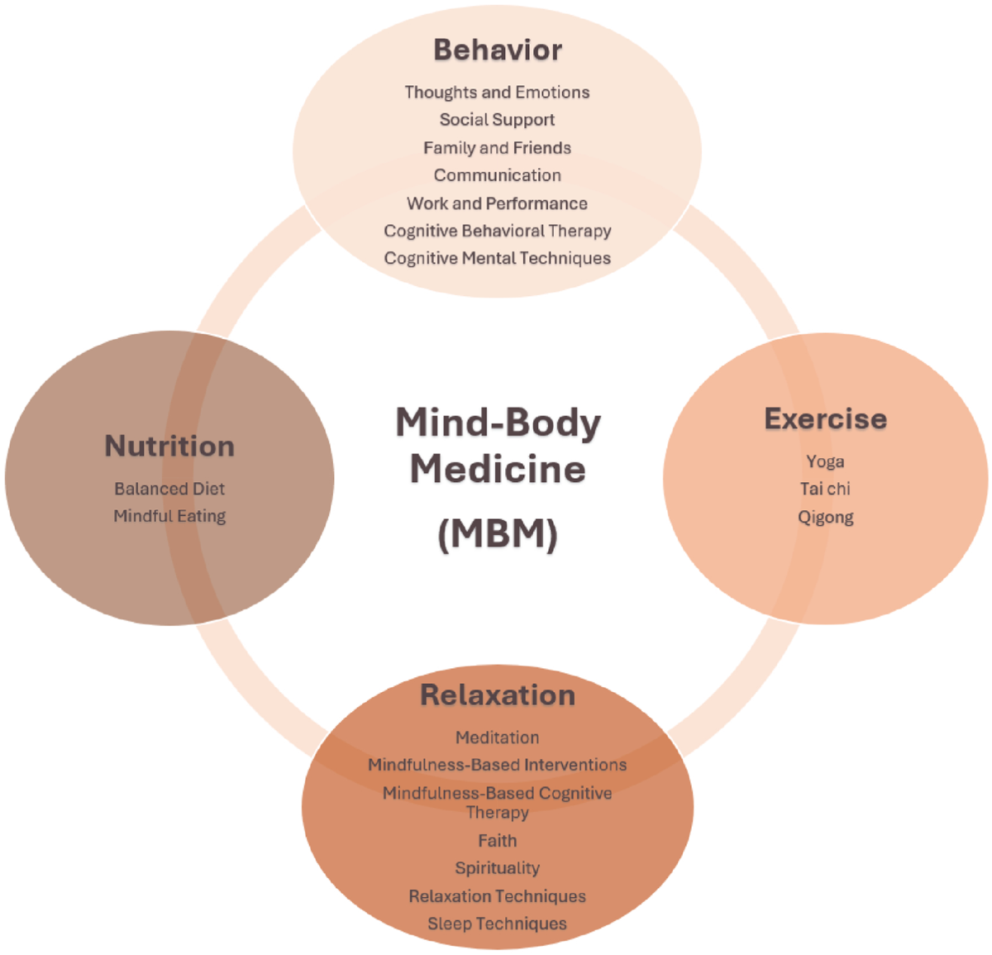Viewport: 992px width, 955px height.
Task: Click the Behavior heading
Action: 498,50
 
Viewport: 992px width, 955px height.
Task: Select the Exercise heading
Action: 825,418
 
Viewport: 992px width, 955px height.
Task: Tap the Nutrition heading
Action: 169,446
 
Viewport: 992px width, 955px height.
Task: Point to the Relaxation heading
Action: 498,695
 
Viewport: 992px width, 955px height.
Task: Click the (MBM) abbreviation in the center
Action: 498,533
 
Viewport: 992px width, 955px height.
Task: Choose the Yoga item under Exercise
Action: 825,461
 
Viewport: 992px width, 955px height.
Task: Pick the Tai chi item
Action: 825,489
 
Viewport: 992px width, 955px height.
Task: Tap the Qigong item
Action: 825,518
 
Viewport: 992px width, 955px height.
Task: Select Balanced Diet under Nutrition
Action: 169,489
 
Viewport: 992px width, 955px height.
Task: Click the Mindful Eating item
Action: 169,516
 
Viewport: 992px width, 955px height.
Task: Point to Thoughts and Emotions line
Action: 498,92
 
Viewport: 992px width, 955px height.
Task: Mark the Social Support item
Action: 498,120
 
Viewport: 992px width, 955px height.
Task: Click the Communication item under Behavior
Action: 498,175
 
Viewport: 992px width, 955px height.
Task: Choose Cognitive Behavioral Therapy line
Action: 498,231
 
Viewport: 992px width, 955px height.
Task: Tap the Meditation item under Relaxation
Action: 498,737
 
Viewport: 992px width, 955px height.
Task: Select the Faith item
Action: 498,840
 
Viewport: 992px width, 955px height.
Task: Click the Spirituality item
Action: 498,868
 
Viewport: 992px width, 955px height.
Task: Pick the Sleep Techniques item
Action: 498,924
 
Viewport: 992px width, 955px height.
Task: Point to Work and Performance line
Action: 498,203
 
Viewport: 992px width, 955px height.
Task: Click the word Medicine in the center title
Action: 498,469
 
